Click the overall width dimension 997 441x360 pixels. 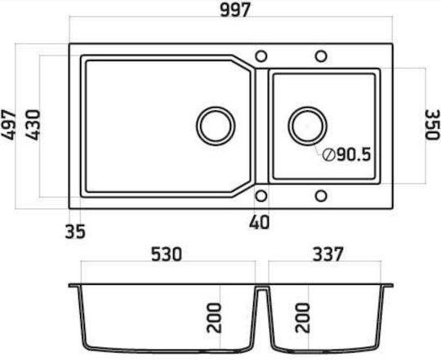coord(235,10)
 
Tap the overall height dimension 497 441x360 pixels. coord(9,125)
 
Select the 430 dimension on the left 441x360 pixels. coord(33,125)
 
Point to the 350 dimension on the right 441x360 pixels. coord(432,125)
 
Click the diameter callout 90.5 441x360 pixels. coord(346,154)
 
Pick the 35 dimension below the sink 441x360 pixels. coord(75,232)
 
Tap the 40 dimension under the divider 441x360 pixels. coord(260,222)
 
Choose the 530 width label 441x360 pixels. coord(167,254)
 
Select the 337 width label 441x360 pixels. coord(328,254)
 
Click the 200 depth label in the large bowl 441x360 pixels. coord(214,318)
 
